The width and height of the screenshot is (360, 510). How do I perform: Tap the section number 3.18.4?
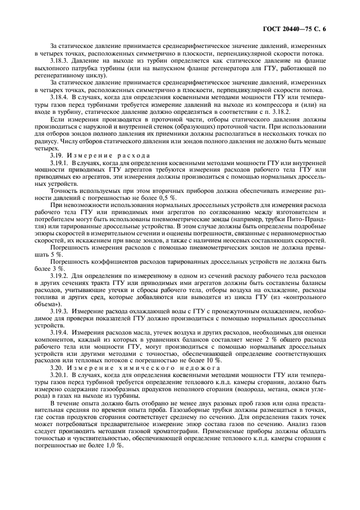[60, 96]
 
